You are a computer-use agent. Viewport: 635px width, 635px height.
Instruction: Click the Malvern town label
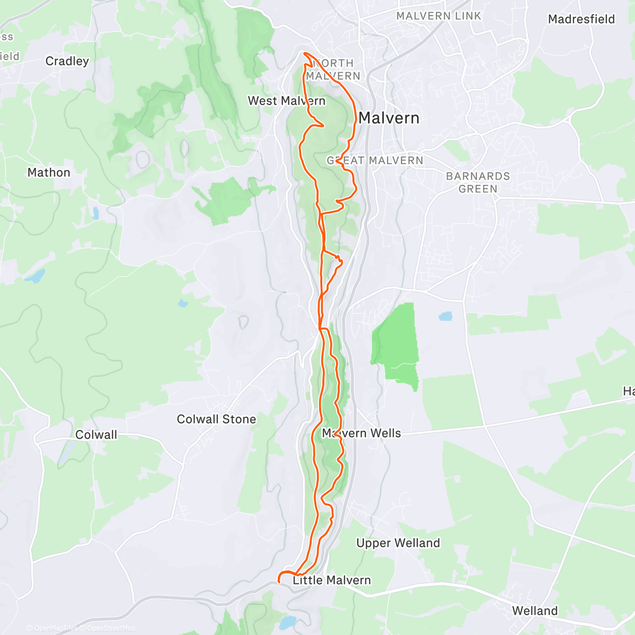pos(389,118)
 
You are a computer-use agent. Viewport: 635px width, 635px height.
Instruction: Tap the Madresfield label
pos(581,20)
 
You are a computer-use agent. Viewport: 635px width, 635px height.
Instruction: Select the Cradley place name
pos(67,61)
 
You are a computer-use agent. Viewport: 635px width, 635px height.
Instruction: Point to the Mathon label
pos(49,173)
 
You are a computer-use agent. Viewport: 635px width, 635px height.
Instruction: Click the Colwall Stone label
pos(216,419)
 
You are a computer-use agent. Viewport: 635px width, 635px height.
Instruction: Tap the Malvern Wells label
pos(362,433)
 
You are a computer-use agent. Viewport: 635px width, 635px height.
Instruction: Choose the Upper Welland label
pos(398,543)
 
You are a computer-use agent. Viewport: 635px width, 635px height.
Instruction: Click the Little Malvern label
pos(332,580)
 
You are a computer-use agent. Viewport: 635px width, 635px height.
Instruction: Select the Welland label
pos(534,611)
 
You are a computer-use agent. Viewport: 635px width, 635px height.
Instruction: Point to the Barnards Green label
pos(478,183)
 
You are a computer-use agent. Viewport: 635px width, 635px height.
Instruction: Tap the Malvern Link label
pos(439,16)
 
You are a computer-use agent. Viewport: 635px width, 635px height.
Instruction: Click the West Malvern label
pos(286,101)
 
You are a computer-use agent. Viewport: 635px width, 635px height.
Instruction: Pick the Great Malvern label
pos(375,160)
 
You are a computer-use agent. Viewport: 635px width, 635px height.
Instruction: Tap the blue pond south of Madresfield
pos(446,316)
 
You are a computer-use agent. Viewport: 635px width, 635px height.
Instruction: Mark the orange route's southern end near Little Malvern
pos(279,582)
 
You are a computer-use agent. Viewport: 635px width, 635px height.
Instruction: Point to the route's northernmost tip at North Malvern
pos(304,53)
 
